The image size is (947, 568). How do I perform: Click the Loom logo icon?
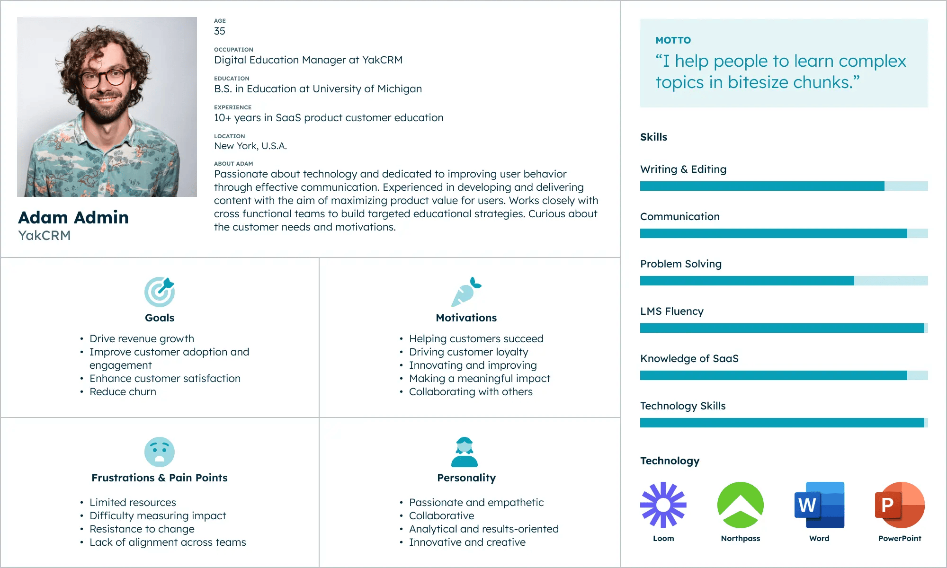click(663, 505)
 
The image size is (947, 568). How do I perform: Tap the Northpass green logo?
click(740, 505)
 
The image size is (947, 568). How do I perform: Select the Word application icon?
click(819, 505)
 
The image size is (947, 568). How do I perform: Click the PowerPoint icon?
click(900, 505)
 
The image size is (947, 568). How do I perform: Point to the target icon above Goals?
click(160, 292)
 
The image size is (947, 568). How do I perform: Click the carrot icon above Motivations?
click(466, 292)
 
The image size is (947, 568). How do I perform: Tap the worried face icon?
click(160, 452)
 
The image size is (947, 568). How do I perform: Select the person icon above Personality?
click(465, 452)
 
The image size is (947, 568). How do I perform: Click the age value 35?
click(220, 31)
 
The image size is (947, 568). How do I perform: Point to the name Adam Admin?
click(73, 218)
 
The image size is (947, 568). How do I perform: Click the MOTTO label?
click(673, 41)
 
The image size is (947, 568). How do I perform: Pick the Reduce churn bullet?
click(123, 392)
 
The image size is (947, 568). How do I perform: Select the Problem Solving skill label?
click(680, 264)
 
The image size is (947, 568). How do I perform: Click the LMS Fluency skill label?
click(671, 311)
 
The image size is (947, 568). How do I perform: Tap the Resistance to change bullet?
click(142, 529)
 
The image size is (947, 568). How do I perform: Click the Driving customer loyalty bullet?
click(468, 352)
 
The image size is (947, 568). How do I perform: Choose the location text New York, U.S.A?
click(250, 146)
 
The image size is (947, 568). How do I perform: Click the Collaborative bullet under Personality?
click(441, 516)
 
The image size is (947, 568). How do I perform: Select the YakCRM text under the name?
click(45, 236)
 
